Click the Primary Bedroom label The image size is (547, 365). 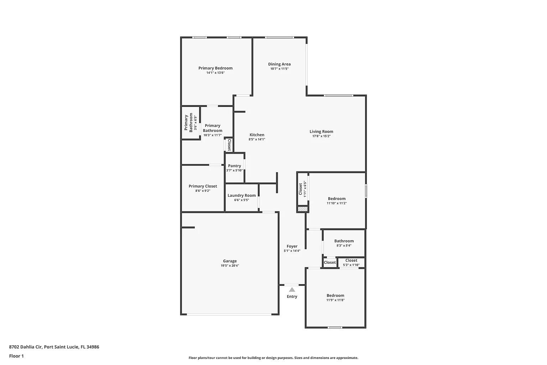click(215, 68)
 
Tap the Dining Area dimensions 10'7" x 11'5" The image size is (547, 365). click(279, 69)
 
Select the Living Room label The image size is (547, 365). click(321, 132)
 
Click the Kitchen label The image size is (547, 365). click(257, 135)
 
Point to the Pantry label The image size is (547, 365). click(234, 166)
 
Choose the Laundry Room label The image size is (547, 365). click(241, 195)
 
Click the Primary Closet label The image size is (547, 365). click(203, 186)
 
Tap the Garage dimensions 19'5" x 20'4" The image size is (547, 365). click(230, 266)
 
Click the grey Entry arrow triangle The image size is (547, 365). click(292, 290)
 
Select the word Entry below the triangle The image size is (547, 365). click(292, 297)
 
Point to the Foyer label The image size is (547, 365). click(292, 246)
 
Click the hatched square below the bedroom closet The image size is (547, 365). click(302, 209)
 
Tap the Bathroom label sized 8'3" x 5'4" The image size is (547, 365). click(344, 241)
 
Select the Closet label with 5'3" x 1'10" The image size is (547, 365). click(351, 261)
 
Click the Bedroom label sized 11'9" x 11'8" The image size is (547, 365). click(335, 295)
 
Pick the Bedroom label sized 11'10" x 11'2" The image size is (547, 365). click(337, 199)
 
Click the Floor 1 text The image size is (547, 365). click(16, 356)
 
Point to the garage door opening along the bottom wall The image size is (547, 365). click(229, 314)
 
